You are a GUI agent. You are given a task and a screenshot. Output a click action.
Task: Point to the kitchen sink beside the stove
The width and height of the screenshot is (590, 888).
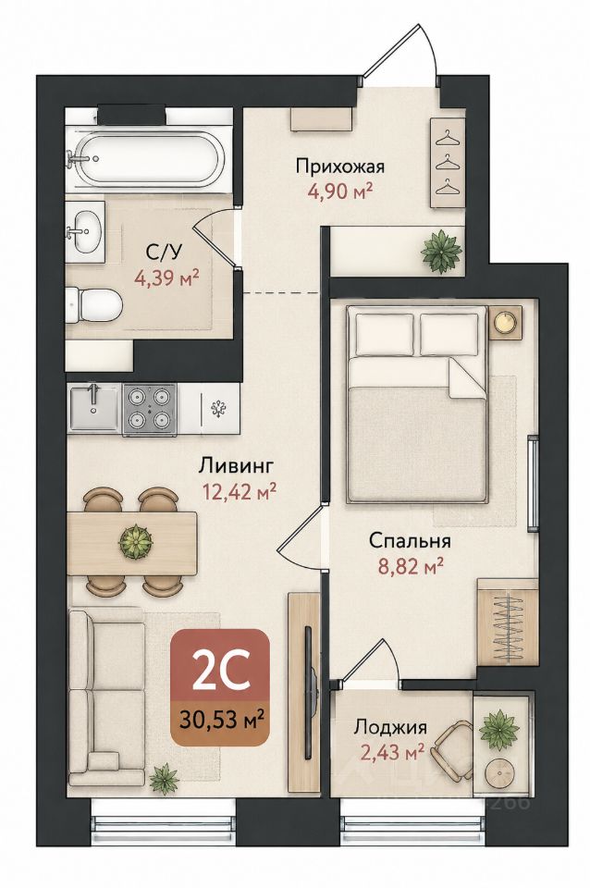point(94,408)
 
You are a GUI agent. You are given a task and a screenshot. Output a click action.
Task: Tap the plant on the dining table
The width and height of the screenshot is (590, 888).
point(136,542)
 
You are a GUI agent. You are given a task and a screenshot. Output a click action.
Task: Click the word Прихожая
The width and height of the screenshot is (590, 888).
point(340,166)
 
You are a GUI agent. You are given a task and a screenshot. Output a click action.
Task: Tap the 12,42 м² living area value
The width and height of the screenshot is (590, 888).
point(240,490)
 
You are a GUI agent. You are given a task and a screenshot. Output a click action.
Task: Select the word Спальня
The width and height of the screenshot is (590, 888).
point(410,541)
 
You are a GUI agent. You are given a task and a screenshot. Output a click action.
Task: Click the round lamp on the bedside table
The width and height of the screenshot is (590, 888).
point(504,321)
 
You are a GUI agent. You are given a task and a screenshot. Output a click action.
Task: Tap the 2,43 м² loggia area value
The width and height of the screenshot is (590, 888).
point(393,752)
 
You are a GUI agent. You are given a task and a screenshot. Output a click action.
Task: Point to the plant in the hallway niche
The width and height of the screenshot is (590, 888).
point(442,251)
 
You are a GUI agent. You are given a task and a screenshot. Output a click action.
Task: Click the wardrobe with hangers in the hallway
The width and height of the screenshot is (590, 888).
point(448,164)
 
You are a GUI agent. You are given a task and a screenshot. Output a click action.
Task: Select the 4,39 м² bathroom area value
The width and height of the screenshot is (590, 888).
point(166,277)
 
